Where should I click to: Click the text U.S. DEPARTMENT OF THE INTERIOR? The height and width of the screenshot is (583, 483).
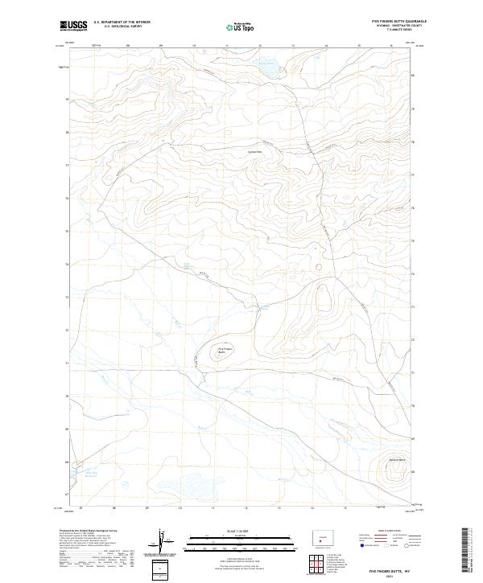(122, 22)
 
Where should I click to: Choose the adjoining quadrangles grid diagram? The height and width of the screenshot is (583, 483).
(319, 562)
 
